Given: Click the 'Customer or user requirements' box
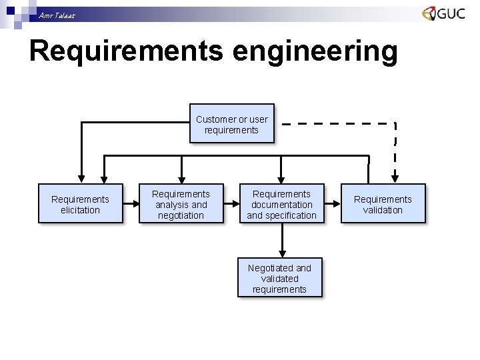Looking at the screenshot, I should point(231,124).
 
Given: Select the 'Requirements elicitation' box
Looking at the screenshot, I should point(80,204).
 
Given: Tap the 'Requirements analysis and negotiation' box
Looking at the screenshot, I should point(181,204).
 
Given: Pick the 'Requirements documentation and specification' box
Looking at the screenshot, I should point(281,204).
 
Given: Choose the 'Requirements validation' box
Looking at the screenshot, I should point(383,204).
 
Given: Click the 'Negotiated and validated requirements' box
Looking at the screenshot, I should point(279,278).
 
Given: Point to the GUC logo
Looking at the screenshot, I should point(443,14).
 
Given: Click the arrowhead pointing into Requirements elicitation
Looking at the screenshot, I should point(81,178).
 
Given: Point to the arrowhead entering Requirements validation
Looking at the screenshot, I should point(395,178).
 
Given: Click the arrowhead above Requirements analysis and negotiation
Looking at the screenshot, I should point(181,178).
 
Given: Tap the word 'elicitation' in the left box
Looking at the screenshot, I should point(80,210).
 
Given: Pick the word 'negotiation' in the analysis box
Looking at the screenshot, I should point(181,215).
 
